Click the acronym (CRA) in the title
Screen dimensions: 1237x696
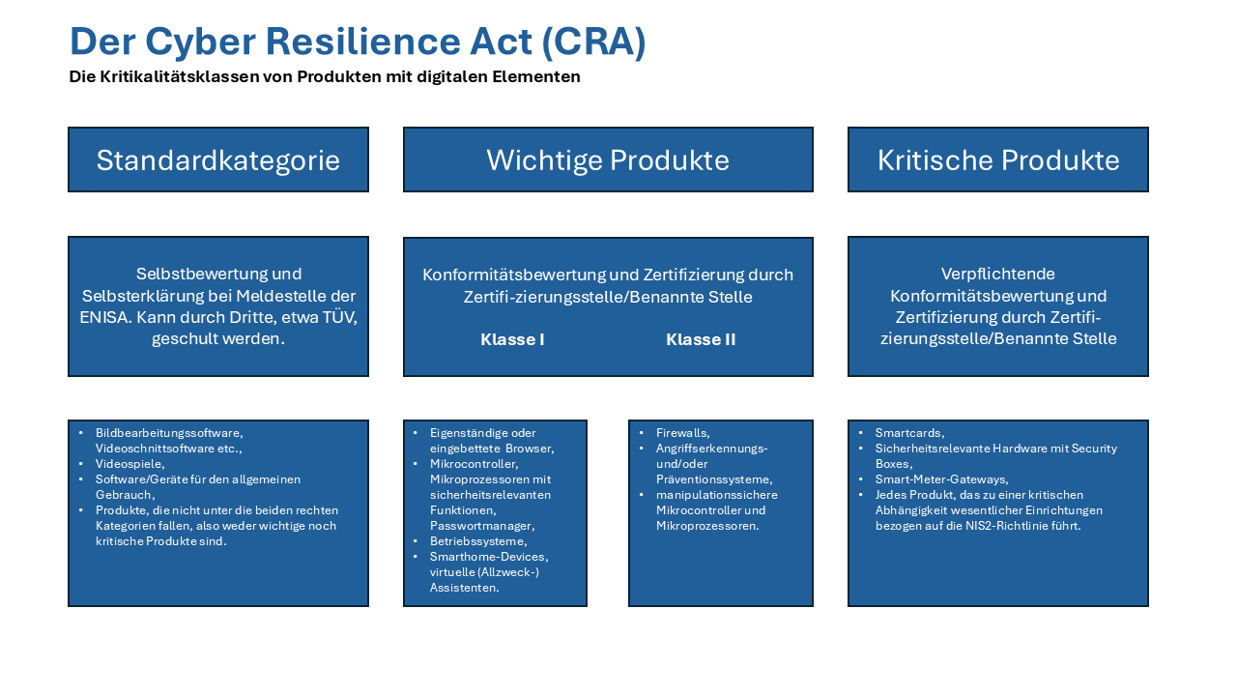(x=593, y=42)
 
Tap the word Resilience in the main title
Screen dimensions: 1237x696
(x=362, y=42)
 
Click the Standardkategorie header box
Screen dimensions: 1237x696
(x=218, y=159)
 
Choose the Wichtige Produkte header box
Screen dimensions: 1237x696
(x=608, y=159)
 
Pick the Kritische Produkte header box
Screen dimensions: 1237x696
(x=998, y=159)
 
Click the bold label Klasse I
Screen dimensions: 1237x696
(x=512, y=339)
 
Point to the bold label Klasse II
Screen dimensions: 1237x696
(x=701, y=339)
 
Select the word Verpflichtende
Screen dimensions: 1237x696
(x=998, y=274)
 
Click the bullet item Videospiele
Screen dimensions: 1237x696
(x=129, y=464)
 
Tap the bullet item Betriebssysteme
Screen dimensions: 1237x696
(x=478, y=541)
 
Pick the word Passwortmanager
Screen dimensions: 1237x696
(x=482, y=526)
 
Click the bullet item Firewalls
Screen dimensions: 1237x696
(x=682, y=433)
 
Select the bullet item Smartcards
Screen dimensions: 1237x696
(x=909, y=433)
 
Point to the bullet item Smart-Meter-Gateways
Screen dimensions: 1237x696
(x=941, y=479)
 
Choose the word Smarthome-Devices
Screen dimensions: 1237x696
(x=489, y=557)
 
